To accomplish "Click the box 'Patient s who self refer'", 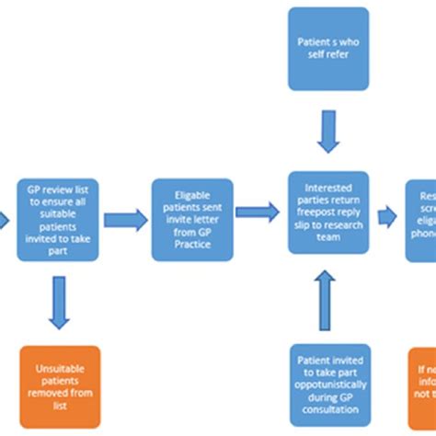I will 328,49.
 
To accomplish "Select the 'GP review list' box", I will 60,220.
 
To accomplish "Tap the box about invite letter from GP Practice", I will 190,220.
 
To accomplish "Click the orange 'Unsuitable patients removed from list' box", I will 60,386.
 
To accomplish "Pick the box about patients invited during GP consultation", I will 328,385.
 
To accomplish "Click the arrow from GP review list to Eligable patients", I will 125,220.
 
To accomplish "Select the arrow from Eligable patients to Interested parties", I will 258,212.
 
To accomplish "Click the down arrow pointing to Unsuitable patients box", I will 60,304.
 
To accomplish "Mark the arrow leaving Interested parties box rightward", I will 387,212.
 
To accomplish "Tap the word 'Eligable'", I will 190,195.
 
